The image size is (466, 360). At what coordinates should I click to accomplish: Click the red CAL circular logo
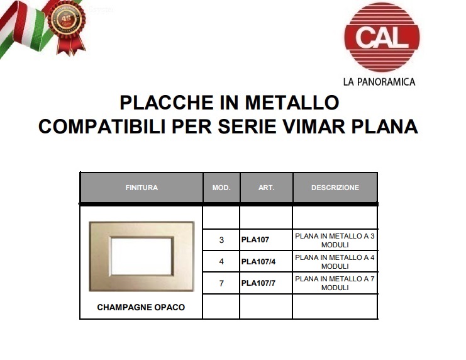pyautogui.click(x=382, y=37)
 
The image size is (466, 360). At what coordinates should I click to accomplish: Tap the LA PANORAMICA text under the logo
pyautogui.click(x=379, y=82)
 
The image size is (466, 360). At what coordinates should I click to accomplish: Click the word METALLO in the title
pyautogui.click(x=292, y=103)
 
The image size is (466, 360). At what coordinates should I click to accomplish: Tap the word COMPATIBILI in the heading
pyautogui.click(x=102, y=127)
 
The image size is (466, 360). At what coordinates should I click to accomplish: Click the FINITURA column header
pyautogui.click(x=141, y=188)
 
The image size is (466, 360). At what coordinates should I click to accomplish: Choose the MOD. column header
pyautogui.click(x=221, y=188)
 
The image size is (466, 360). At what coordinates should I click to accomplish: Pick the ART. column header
pyautogui.click(x=266, y=188)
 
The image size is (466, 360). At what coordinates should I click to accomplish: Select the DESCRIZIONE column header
pyautogui.click(x=335, y=188)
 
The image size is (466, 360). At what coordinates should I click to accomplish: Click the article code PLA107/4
pyautogui.click(x=258, y=262)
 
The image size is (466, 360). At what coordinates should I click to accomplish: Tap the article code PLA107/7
pyautogui.click(x=258, y=283)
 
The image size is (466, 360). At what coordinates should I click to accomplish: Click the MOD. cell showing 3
pyautogui.click(x=221, y=240)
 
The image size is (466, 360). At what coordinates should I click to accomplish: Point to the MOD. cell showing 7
pyautogui.click(x=221, y=283)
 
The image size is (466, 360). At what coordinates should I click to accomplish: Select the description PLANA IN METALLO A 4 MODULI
pyautogui.click(x=335, y=262)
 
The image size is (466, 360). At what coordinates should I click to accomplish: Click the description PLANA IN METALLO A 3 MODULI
pyautogui.click(x=335, y=240)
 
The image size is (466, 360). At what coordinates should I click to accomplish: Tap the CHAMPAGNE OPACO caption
pyautogui.click(x=141, y=307)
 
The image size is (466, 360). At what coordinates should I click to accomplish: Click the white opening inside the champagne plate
pyautogui.click(x=141, y=256)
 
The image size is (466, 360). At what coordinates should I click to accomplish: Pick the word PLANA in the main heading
pyautogui.click(x=385, y=127)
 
